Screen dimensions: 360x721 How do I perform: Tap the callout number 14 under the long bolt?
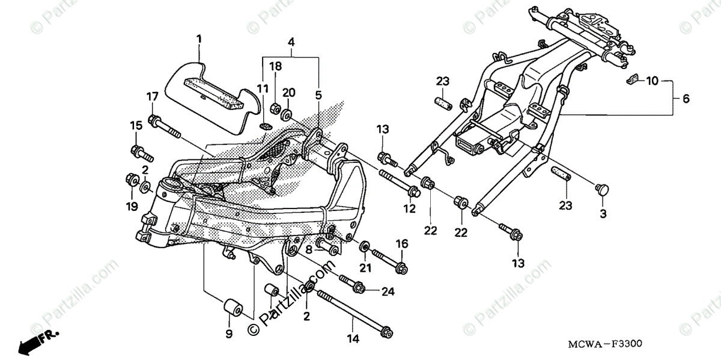[x=353, y=338]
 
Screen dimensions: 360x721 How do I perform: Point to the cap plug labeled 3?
[x=601, y=189]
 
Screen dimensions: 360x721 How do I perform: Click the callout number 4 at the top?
[x=291, y=43]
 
